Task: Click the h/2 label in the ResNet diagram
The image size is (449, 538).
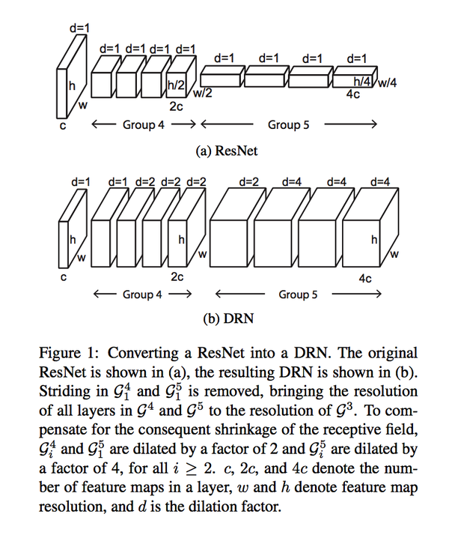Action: pos(176,85)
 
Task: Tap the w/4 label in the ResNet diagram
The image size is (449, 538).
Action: pos(388,83)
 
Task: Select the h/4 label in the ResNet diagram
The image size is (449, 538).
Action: pos(362,82)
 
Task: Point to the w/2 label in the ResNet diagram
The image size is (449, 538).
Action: pos(202,94)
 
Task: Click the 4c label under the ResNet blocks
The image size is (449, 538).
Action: pos(352,94)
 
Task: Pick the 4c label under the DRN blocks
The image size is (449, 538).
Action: pos(365,279)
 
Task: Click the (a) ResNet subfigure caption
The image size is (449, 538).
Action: pos(227,151)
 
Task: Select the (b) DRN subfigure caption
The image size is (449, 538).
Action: pos(228,318)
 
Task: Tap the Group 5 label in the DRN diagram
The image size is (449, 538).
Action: pos(298,294)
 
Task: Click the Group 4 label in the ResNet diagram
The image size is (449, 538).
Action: pos(144,124)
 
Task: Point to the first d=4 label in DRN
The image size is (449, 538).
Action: pos(292,181)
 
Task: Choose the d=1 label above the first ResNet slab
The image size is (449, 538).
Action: pos(79,28)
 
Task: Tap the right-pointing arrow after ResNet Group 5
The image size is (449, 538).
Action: pos(351,124)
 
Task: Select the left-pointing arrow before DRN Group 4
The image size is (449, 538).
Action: pos(106,294)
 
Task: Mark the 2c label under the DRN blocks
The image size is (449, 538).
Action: pos(177,276)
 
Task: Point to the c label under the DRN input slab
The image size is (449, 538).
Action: pos(63,277)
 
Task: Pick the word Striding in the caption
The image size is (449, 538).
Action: pos(61,391)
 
